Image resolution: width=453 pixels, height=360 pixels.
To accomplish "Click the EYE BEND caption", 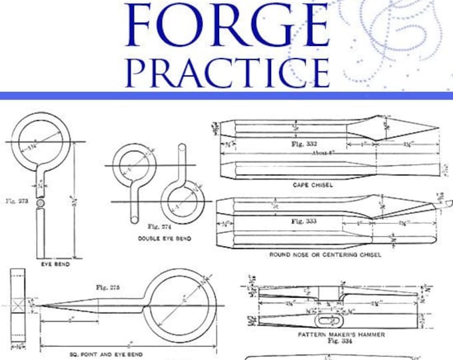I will click(55, 264).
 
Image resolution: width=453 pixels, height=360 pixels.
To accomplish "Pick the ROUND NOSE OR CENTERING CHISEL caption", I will click(325, 255).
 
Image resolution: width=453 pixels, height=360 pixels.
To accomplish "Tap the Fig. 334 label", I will click(333, 339).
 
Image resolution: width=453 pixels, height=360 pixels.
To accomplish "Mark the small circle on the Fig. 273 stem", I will click(40, 201).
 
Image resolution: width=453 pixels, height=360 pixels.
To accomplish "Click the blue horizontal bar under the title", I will click(226, 95).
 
